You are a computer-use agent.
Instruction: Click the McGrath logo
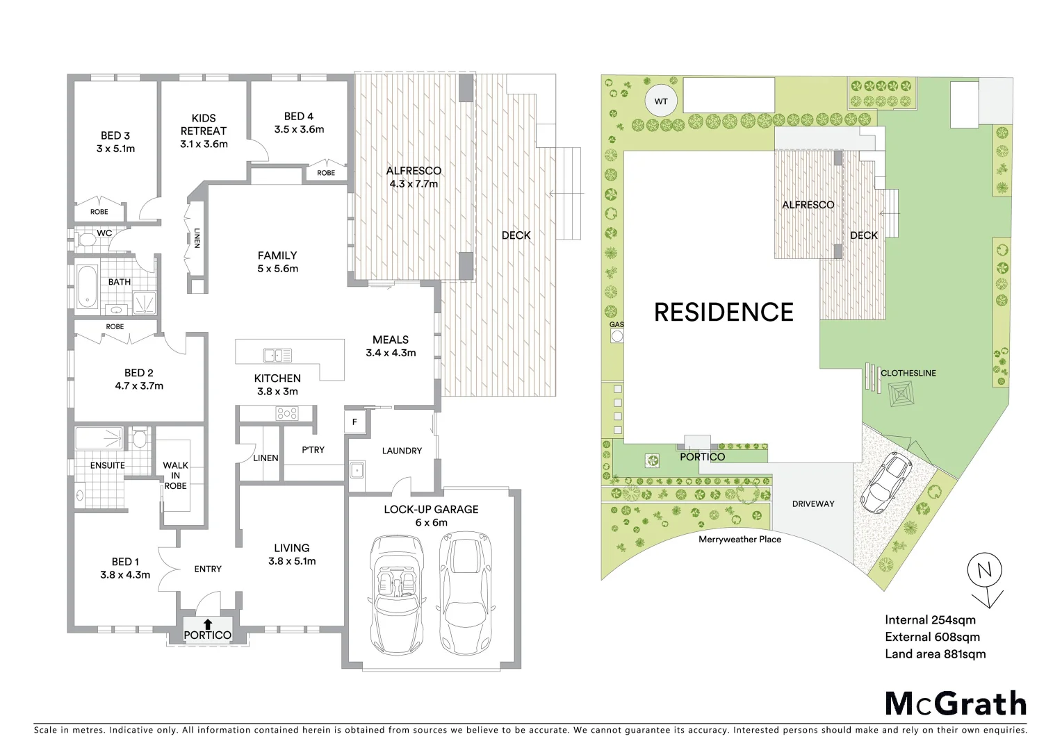956,703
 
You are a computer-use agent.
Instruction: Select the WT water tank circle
660,101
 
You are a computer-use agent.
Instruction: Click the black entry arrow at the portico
208,624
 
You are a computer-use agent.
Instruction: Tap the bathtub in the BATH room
86,286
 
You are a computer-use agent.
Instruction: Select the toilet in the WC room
87,240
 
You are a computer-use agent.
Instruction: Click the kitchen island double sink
277,356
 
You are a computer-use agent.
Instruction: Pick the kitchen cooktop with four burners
287,414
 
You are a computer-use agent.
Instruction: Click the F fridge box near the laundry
354,422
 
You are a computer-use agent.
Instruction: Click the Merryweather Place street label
740,539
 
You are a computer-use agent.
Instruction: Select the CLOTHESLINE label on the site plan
908,373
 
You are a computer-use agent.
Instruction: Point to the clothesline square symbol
901,395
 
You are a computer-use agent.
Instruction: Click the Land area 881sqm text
935,653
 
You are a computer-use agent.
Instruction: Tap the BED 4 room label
299,123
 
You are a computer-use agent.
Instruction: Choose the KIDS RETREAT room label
204,131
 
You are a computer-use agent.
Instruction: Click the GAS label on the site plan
616,324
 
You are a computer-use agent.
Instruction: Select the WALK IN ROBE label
175,476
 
